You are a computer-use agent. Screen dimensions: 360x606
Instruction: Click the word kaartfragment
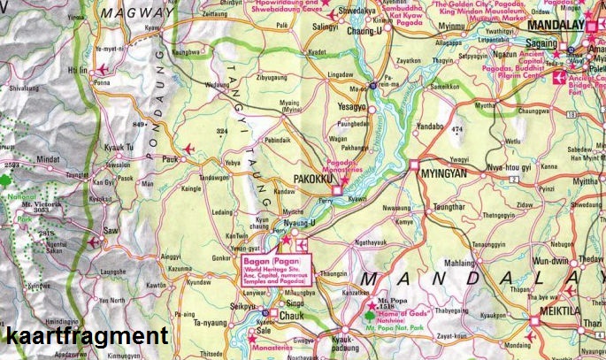coord(86,336)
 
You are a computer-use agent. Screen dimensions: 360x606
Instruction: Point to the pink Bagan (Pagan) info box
coord(271,269)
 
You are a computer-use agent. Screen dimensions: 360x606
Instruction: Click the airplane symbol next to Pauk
coord(188,148)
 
